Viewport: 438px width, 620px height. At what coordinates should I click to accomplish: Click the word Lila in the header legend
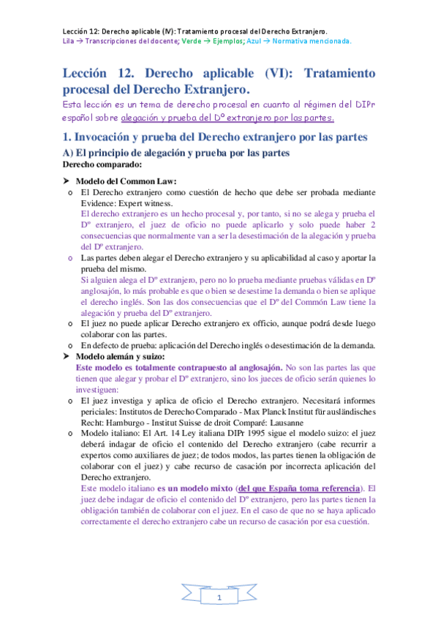pyautogui.click(x=69, y=41)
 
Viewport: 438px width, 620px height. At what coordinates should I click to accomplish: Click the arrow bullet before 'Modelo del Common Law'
pyautogui.click(x=67, y=181)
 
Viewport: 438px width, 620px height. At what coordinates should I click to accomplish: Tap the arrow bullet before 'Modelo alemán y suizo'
pyautogui.click(x=67, y=356)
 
